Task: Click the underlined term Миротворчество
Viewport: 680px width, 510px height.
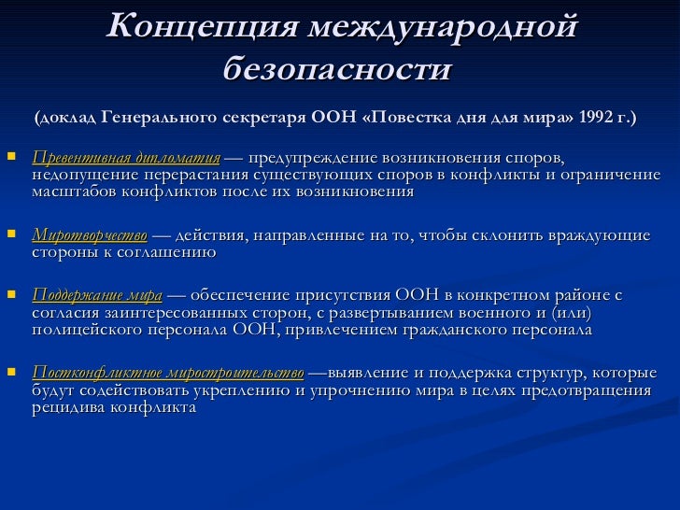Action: click(90, 234)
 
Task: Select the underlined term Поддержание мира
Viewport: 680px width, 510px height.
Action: click(97, 295)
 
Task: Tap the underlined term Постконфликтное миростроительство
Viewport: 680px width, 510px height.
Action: click(167, 372)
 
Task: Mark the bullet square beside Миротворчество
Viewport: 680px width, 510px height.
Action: click(11, 233)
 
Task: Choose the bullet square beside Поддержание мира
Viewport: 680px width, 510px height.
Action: click(11, 294)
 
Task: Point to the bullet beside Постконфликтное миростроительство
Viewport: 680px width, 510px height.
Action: click(11, 371)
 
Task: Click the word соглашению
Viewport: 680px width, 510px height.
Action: click(171, 251)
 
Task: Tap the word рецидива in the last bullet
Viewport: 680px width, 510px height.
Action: click(70, 407)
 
